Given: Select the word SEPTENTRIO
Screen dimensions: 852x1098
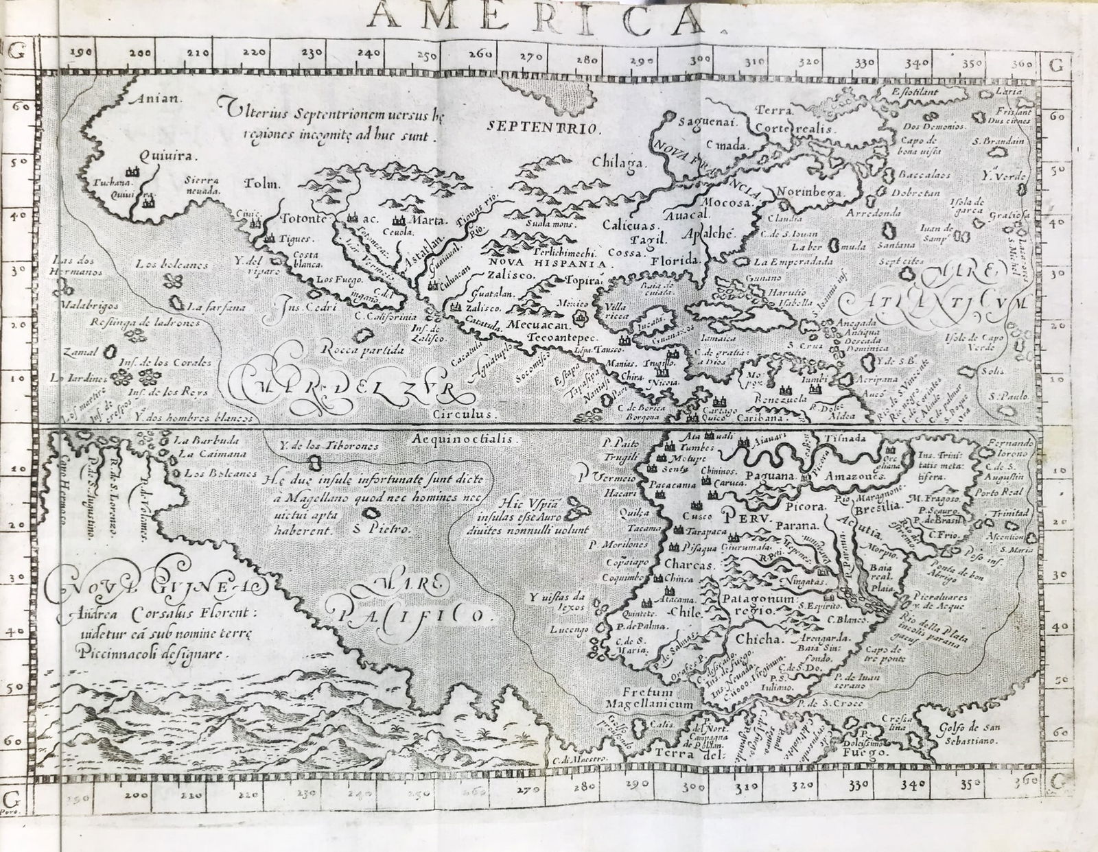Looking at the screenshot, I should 544,126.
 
